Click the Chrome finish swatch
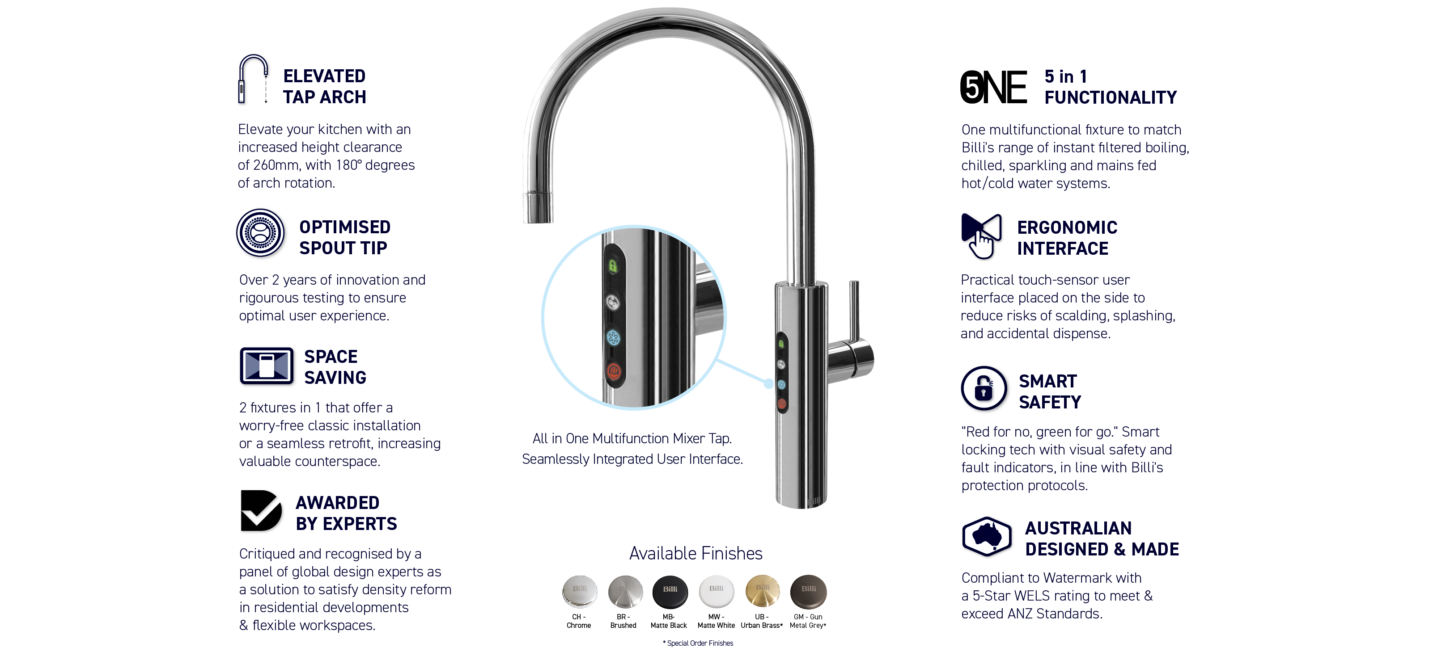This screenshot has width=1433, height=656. coord(579,592)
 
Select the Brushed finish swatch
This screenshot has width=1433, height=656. coord(625,592)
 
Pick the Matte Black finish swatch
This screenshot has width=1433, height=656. coord(670,592)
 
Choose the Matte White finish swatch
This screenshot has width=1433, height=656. coord(716,592)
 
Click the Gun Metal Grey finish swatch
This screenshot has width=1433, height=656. coord(808,592)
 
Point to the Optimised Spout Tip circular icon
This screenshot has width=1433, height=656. coord(260,232)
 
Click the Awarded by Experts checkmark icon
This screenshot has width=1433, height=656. coord(260,510)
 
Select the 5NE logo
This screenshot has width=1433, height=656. coord(993,87)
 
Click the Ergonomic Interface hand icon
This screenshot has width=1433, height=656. coord(981,235)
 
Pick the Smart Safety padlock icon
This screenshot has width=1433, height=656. coord(984,388)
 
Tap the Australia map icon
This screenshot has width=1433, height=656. coord(986,537)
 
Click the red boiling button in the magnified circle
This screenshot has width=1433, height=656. coord(614,371)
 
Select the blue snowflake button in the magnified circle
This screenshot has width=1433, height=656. coord(613,337)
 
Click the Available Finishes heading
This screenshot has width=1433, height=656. coord(695,553)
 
